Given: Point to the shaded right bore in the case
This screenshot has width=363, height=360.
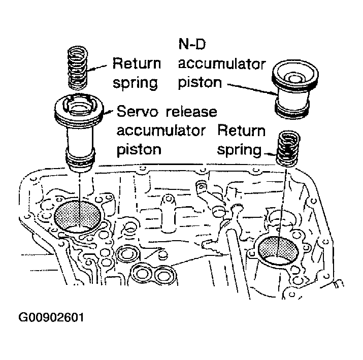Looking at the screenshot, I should (279, 250).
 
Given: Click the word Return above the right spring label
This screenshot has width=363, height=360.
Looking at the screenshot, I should (241, 131).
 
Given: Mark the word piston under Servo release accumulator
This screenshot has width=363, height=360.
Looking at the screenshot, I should (140, 149).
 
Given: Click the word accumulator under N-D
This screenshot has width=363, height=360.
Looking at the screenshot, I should (221, 64).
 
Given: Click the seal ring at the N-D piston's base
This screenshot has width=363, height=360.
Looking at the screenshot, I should (292, 110).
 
